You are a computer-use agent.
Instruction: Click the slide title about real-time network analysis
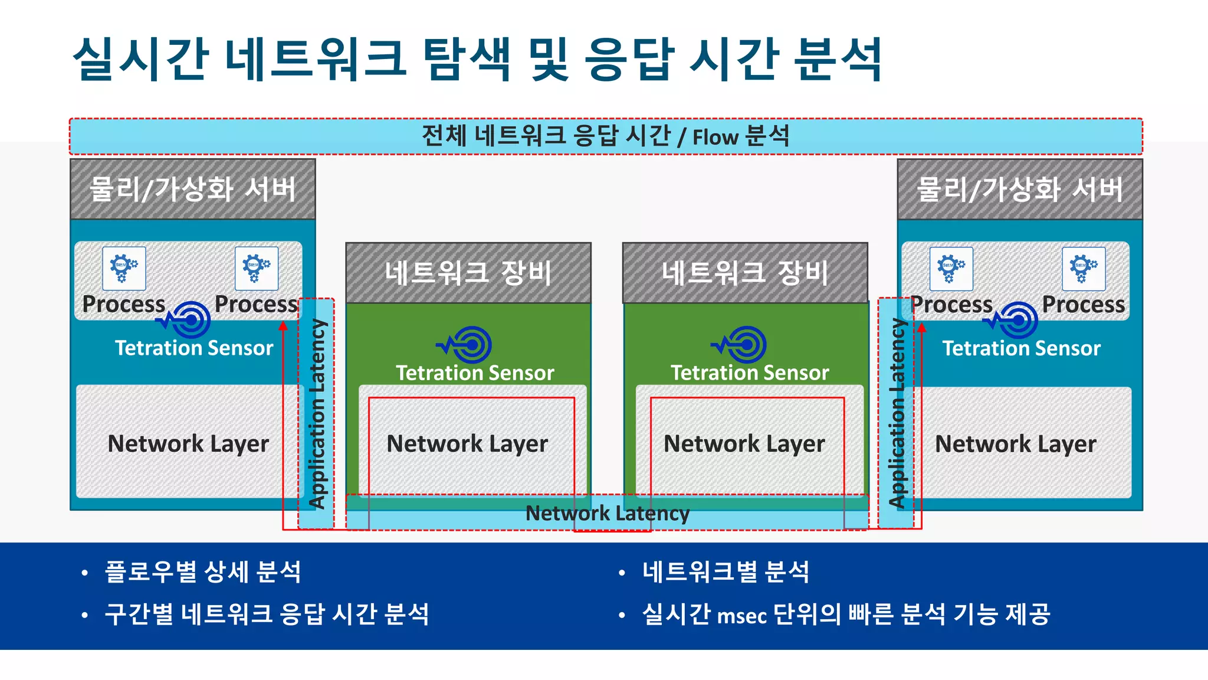(477, 59)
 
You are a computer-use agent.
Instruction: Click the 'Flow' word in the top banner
(715, 138)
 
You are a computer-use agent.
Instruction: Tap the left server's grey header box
(193, 189)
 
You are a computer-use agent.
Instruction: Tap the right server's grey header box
(1020, 189)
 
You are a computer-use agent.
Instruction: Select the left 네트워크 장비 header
(468, 273)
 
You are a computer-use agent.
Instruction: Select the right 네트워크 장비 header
(745, 273)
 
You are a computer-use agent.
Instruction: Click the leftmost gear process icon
(124, 269)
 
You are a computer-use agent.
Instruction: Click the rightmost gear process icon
(1084, 269)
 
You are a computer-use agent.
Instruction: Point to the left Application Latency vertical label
(317, 413)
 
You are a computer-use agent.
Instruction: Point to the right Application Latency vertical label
(897, 413)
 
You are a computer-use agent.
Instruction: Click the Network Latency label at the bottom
(607, 514)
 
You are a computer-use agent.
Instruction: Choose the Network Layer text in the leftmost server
(188, 443)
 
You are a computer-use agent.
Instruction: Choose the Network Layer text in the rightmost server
(1015, 443)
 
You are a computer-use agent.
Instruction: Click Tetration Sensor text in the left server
(194, 348)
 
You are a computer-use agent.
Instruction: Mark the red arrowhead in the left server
(283, 325)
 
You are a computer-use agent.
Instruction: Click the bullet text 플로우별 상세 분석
(203, 572)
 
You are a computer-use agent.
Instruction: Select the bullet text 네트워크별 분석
(726, 572)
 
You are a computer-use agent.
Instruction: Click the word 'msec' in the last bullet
(741, 616)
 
